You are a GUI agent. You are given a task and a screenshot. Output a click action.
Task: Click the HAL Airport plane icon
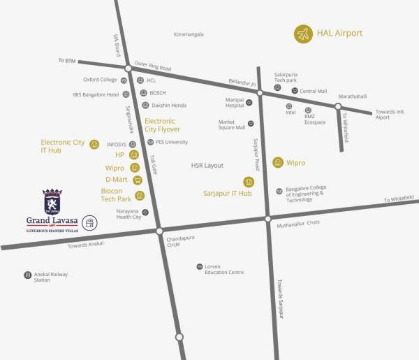click(x=302, y=34)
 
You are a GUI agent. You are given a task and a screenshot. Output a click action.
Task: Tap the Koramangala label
click(x=188, y=34)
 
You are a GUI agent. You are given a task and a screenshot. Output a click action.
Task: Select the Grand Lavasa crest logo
click(x=52, y=201)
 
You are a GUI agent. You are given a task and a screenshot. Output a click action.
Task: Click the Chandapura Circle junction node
click(x=159, y=231)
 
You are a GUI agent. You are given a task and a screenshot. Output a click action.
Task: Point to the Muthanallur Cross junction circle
click(x=267, y=219)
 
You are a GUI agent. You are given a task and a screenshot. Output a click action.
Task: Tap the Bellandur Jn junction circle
click(x=259, y=93)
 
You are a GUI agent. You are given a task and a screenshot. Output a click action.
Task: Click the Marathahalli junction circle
click(x=337, y=107)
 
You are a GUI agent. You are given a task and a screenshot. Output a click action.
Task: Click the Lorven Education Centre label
click(x=223, y=269)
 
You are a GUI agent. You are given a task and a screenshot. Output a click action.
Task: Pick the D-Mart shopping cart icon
click(x=137, y=180)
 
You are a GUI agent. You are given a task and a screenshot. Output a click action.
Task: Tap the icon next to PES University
click(x=150, y=142)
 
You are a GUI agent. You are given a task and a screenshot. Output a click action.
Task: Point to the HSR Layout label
click(x=207, y=166)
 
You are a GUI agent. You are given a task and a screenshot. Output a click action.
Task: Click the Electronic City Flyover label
click(x=162, y=125)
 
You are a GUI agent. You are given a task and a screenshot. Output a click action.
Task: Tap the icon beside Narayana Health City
click(x=145, y=213)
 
